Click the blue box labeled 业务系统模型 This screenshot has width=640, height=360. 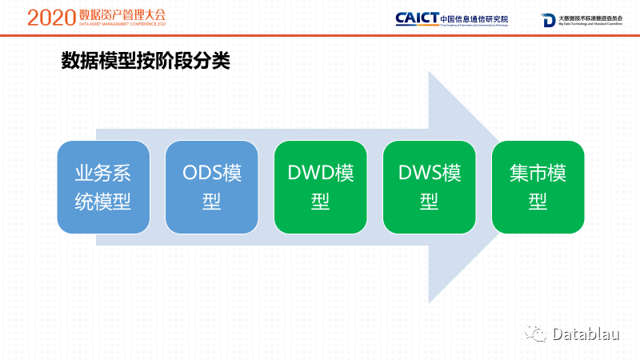pos(103,187)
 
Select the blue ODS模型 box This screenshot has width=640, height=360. pos(212,187)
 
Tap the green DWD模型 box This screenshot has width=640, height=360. pos(321,187)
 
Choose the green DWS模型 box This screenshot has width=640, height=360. pos(430,187)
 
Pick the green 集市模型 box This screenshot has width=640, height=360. pos(538,187)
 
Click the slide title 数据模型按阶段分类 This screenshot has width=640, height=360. pos(146,62)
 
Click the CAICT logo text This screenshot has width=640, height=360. pos(417,18)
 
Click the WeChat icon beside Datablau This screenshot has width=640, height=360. pos(535,334)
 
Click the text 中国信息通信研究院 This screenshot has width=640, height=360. pos(474,17)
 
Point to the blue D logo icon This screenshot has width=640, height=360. pos(549,20)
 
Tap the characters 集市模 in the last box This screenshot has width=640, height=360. pos(538,174)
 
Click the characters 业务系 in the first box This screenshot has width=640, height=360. pos(103,174)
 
